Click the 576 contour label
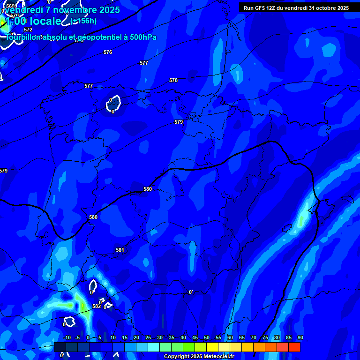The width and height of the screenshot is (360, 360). [108, 52]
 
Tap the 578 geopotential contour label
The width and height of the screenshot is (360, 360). [173, 81]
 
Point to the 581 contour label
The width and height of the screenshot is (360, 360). [120, 250]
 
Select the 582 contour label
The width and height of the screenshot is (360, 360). [96, 306]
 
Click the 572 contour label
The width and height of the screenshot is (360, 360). [28, 30]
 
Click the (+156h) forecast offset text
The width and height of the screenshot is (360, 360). [83, 21]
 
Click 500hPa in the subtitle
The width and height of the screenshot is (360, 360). [142, 37]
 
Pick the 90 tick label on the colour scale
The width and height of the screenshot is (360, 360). [300, 337]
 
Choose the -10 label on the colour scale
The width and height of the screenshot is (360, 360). [66, 337]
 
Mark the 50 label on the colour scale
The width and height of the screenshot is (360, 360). [207, 337]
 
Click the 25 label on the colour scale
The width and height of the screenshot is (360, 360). [148, 337]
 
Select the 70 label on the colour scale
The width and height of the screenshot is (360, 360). [254, 337]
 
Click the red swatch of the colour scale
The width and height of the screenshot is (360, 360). [294, 347]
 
